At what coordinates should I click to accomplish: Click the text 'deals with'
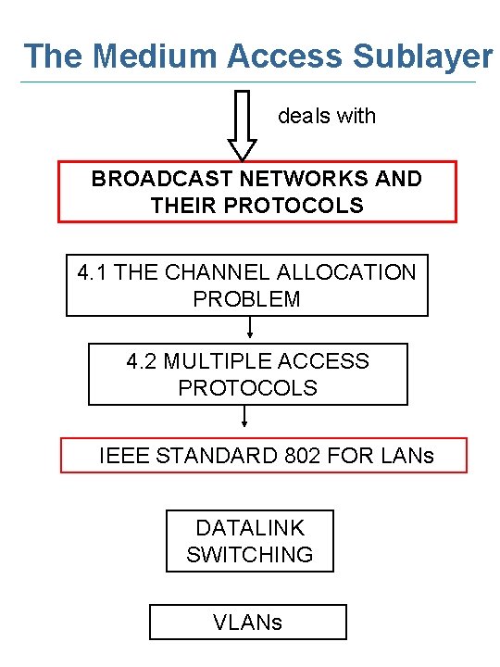coord(327,116)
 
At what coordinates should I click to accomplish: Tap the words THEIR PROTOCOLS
coord(256,206)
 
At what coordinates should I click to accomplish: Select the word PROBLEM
coord(246,299)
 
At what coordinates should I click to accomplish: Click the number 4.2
coord(142,361)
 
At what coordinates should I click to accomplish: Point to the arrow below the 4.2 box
coord(244,417)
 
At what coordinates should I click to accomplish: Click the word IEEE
coord(122,456)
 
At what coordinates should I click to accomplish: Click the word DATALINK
coord(250,528)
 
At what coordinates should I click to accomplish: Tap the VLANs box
coord(248,622)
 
